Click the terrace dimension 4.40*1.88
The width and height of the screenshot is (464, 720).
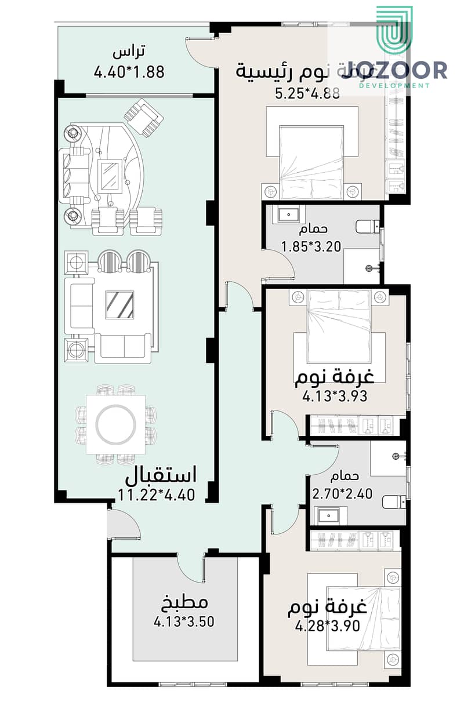click(129, 72)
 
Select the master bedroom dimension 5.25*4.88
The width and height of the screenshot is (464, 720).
click(307, 94)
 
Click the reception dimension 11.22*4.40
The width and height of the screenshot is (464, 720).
click(156, 494)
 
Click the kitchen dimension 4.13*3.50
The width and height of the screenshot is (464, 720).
click(184, 622)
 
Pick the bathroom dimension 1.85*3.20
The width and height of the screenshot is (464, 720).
click(310, 246)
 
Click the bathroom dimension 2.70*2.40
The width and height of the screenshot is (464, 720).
click(342, 494)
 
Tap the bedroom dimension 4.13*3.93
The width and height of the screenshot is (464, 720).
click(335, 397)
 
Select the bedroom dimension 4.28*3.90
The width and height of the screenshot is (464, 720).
click(328, 626)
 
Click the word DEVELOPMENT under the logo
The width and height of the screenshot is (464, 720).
click(394, 86)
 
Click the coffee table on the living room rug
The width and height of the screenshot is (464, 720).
click(119, 303)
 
